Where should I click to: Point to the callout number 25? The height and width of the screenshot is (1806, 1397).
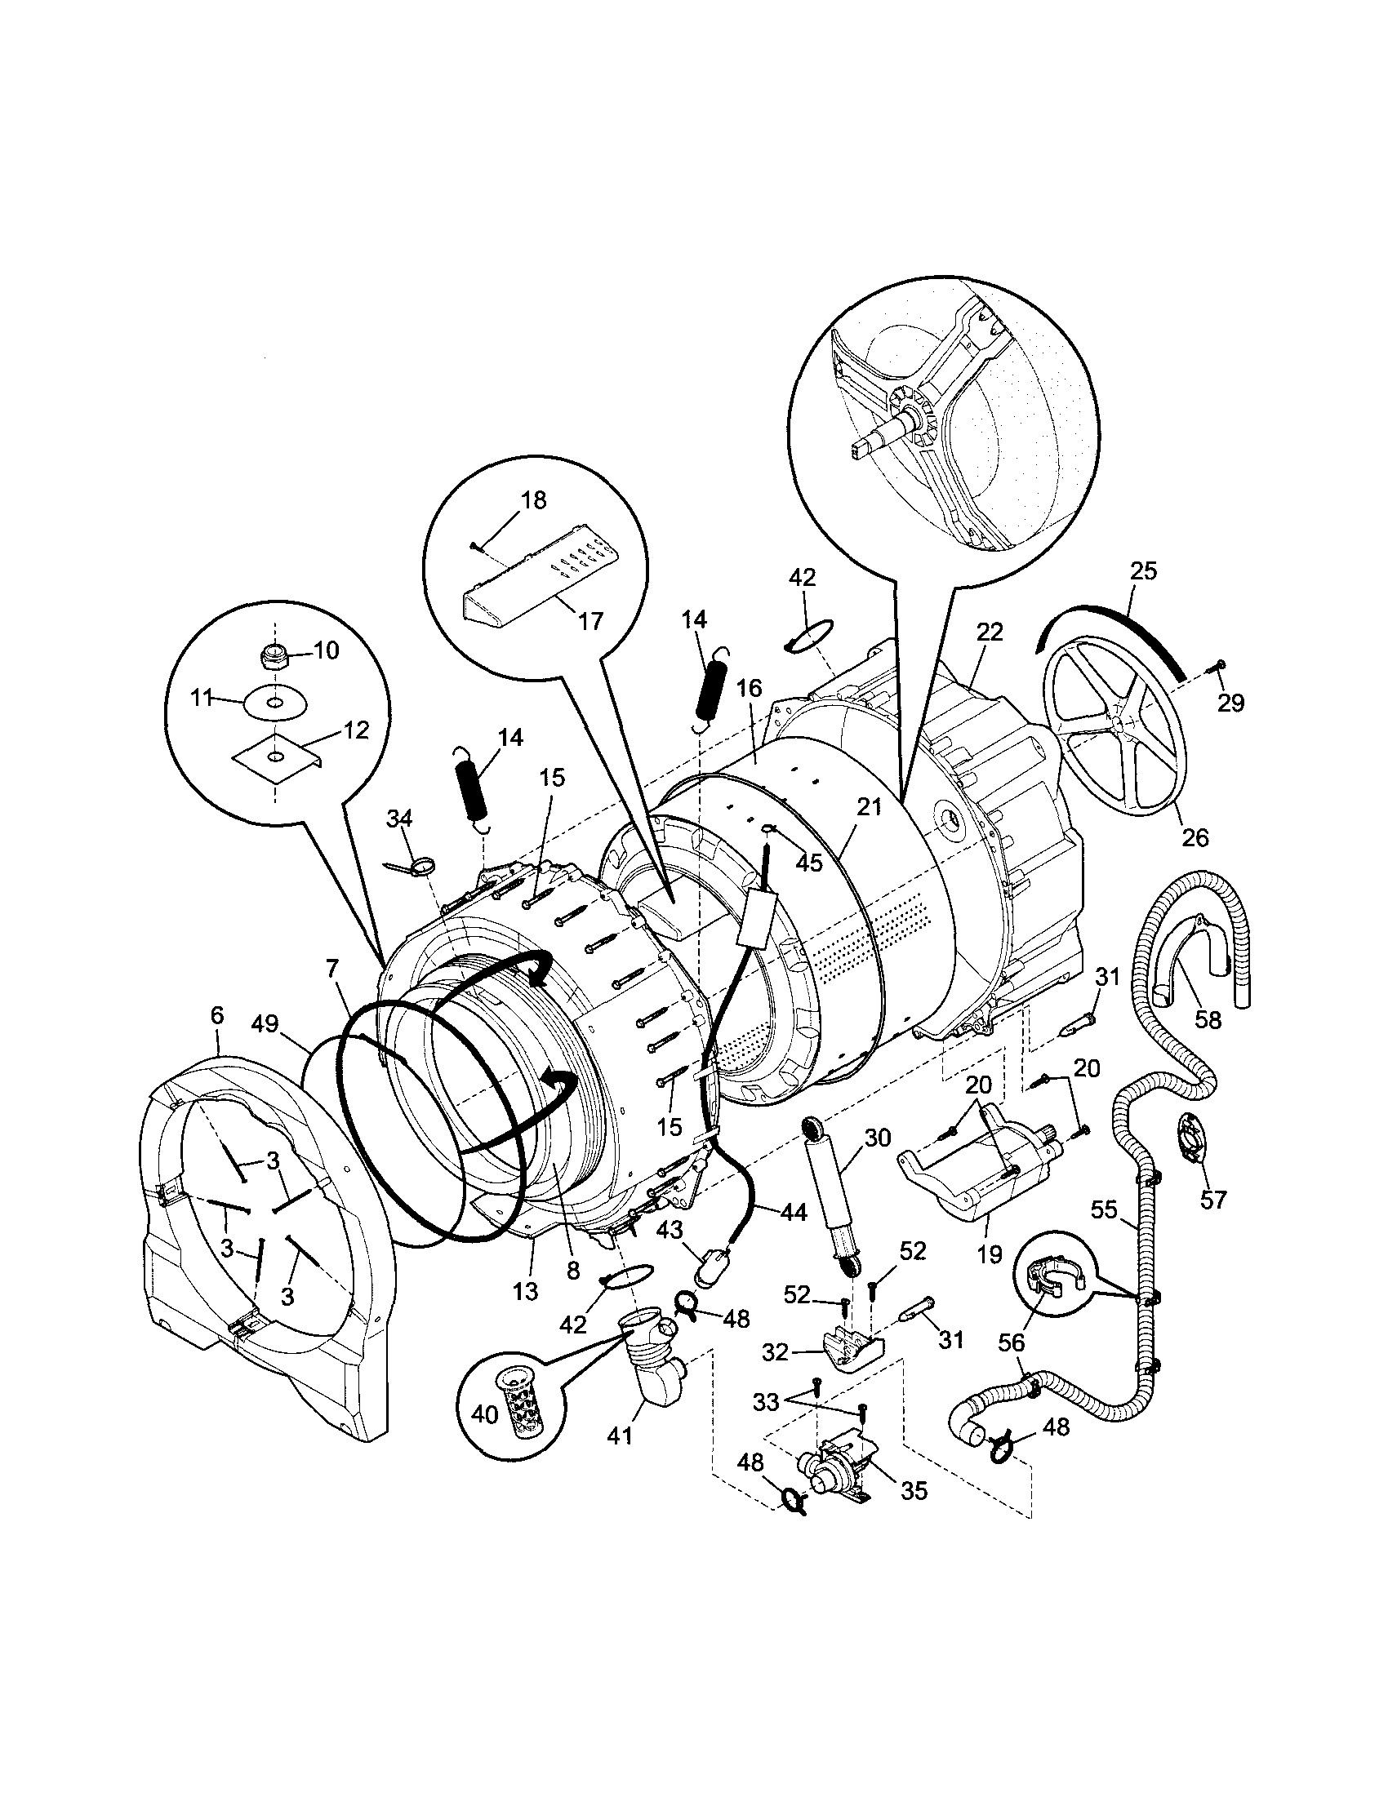[1144, 570]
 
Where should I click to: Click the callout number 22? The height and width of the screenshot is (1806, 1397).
[989, 632]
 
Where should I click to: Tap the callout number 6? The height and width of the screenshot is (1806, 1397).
[216, 1015]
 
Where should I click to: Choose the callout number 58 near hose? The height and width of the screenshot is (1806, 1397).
[1208, 1019]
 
